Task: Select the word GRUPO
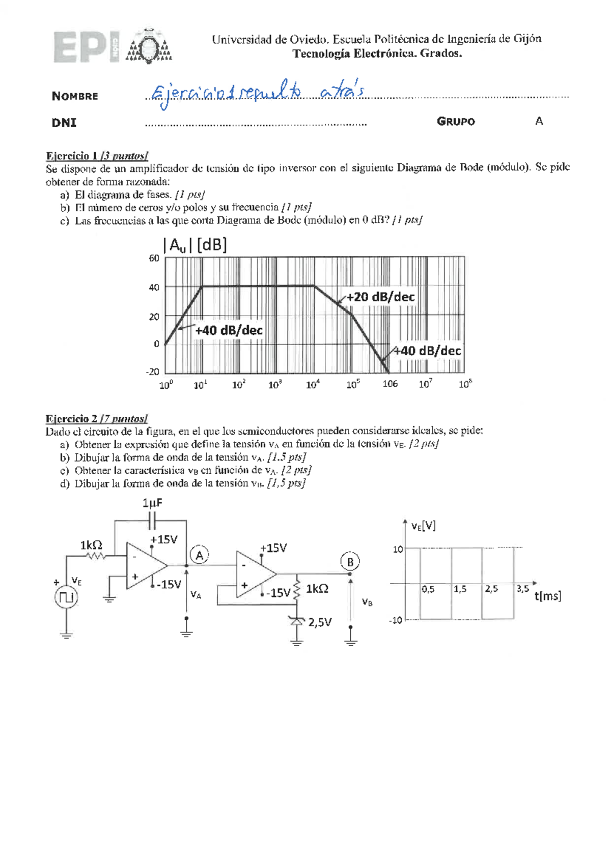tap(456, 122)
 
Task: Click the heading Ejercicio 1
tap(71, 156)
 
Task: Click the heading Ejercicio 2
tap(71, 419)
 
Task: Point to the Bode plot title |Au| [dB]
tap(195, 246)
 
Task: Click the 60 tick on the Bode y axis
tap(154, 258)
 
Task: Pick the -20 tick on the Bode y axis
tap(152, 372)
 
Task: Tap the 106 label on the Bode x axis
tap(390, 384)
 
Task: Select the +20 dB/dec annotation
tap(380, 297)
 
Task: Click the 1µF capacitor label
tap(152, 503)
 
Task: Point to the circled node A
tap(200, 555)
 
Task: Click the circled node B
tap(350, 562)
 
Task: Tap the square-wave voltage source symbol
tap(66, 597)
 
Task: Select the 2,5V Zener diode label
tap(320, 622)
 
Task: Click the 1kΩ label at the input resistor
tap(91, 545)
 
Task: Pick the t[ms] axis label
tap(548, 596)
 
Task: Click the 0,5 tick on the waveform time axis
tap(428, 589)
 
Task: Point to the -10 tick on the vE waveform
tap(396, 620)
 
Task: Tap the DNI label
tap(64, 123)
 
